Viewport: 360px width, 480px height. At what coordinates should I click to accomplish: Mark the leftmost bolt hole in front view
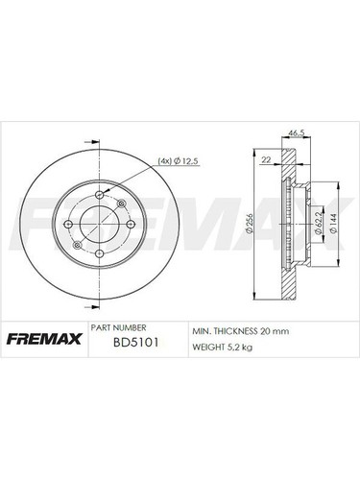[x=69, y=227]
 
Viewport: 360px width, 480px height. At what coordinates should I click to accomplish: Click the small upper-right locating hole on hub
[x=120, y=204]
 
